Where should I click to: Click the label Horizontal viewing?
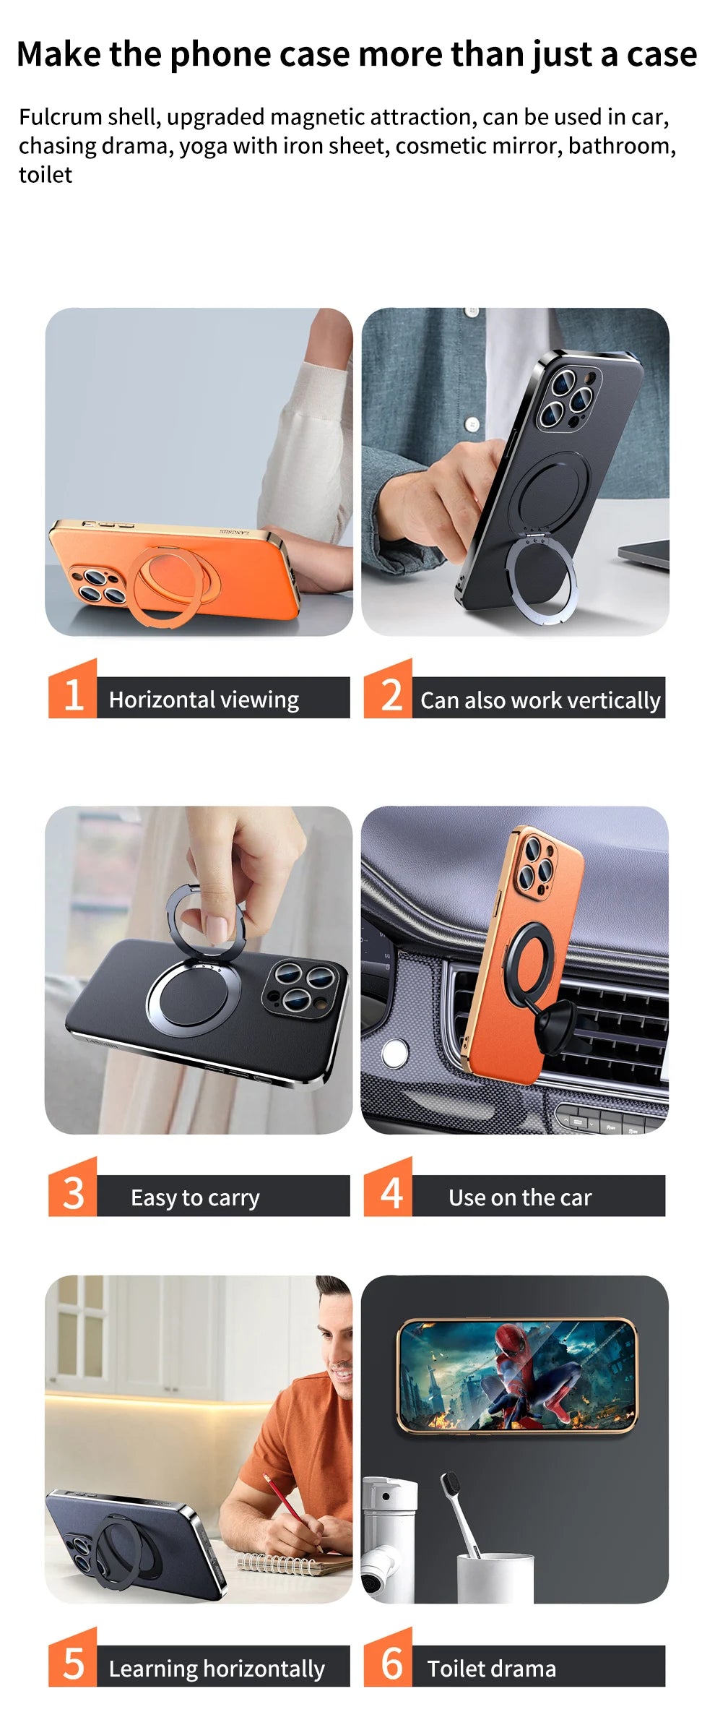204,699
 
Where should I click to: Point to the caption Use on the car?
519,1197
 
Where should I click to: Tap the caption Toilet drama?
491,1668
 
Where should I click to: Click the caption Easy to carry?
195,1197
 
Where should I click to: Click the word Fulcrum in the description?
60,116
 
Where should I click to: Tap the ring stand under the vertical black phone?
542,575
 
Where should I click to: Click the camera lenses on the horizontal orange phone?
95,585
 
